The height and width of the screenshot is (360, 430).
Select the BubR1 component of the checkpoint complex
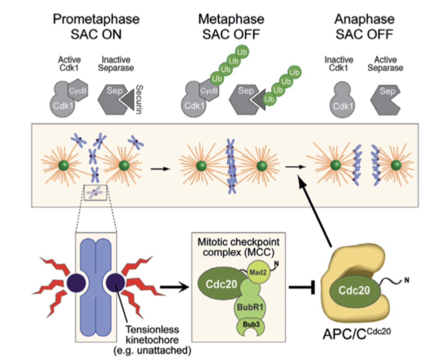pyautogui.click(x=250, y=306)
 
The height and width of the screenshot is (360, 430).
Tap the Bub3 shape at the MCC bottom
pyautogui.click(x=250, y=325)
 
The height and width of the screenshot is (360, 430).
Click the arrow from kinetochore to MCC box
pyautogui.click(x=175, y=287)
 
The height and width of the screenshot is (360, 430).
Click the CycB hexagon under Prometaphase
pyautogui.click(x=78, y=90)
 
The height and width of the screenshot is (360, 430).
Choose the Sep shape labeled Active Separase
pyautogui.click(x=386, y=99)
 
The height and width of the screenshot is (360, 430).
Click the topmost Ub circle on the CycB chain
pyautogui.click(x=242, y=52)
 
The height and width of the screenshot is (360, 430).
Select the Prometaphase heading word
pyautogui.click(x=96, y=19)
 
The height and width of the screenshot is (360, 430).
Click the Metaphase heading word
pyautogui.click(x=231, y=19)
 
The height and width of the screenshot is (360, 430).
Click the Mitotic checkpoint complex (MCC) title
pyautogui.click(x=238, y=247)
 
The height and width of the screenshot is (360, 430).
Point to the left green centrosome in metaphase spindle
pyautogui.click(x=201, y=166)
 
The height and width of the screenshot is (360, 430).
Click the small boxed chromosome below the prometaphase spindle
pyautogui.click(x=95, y=193)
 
